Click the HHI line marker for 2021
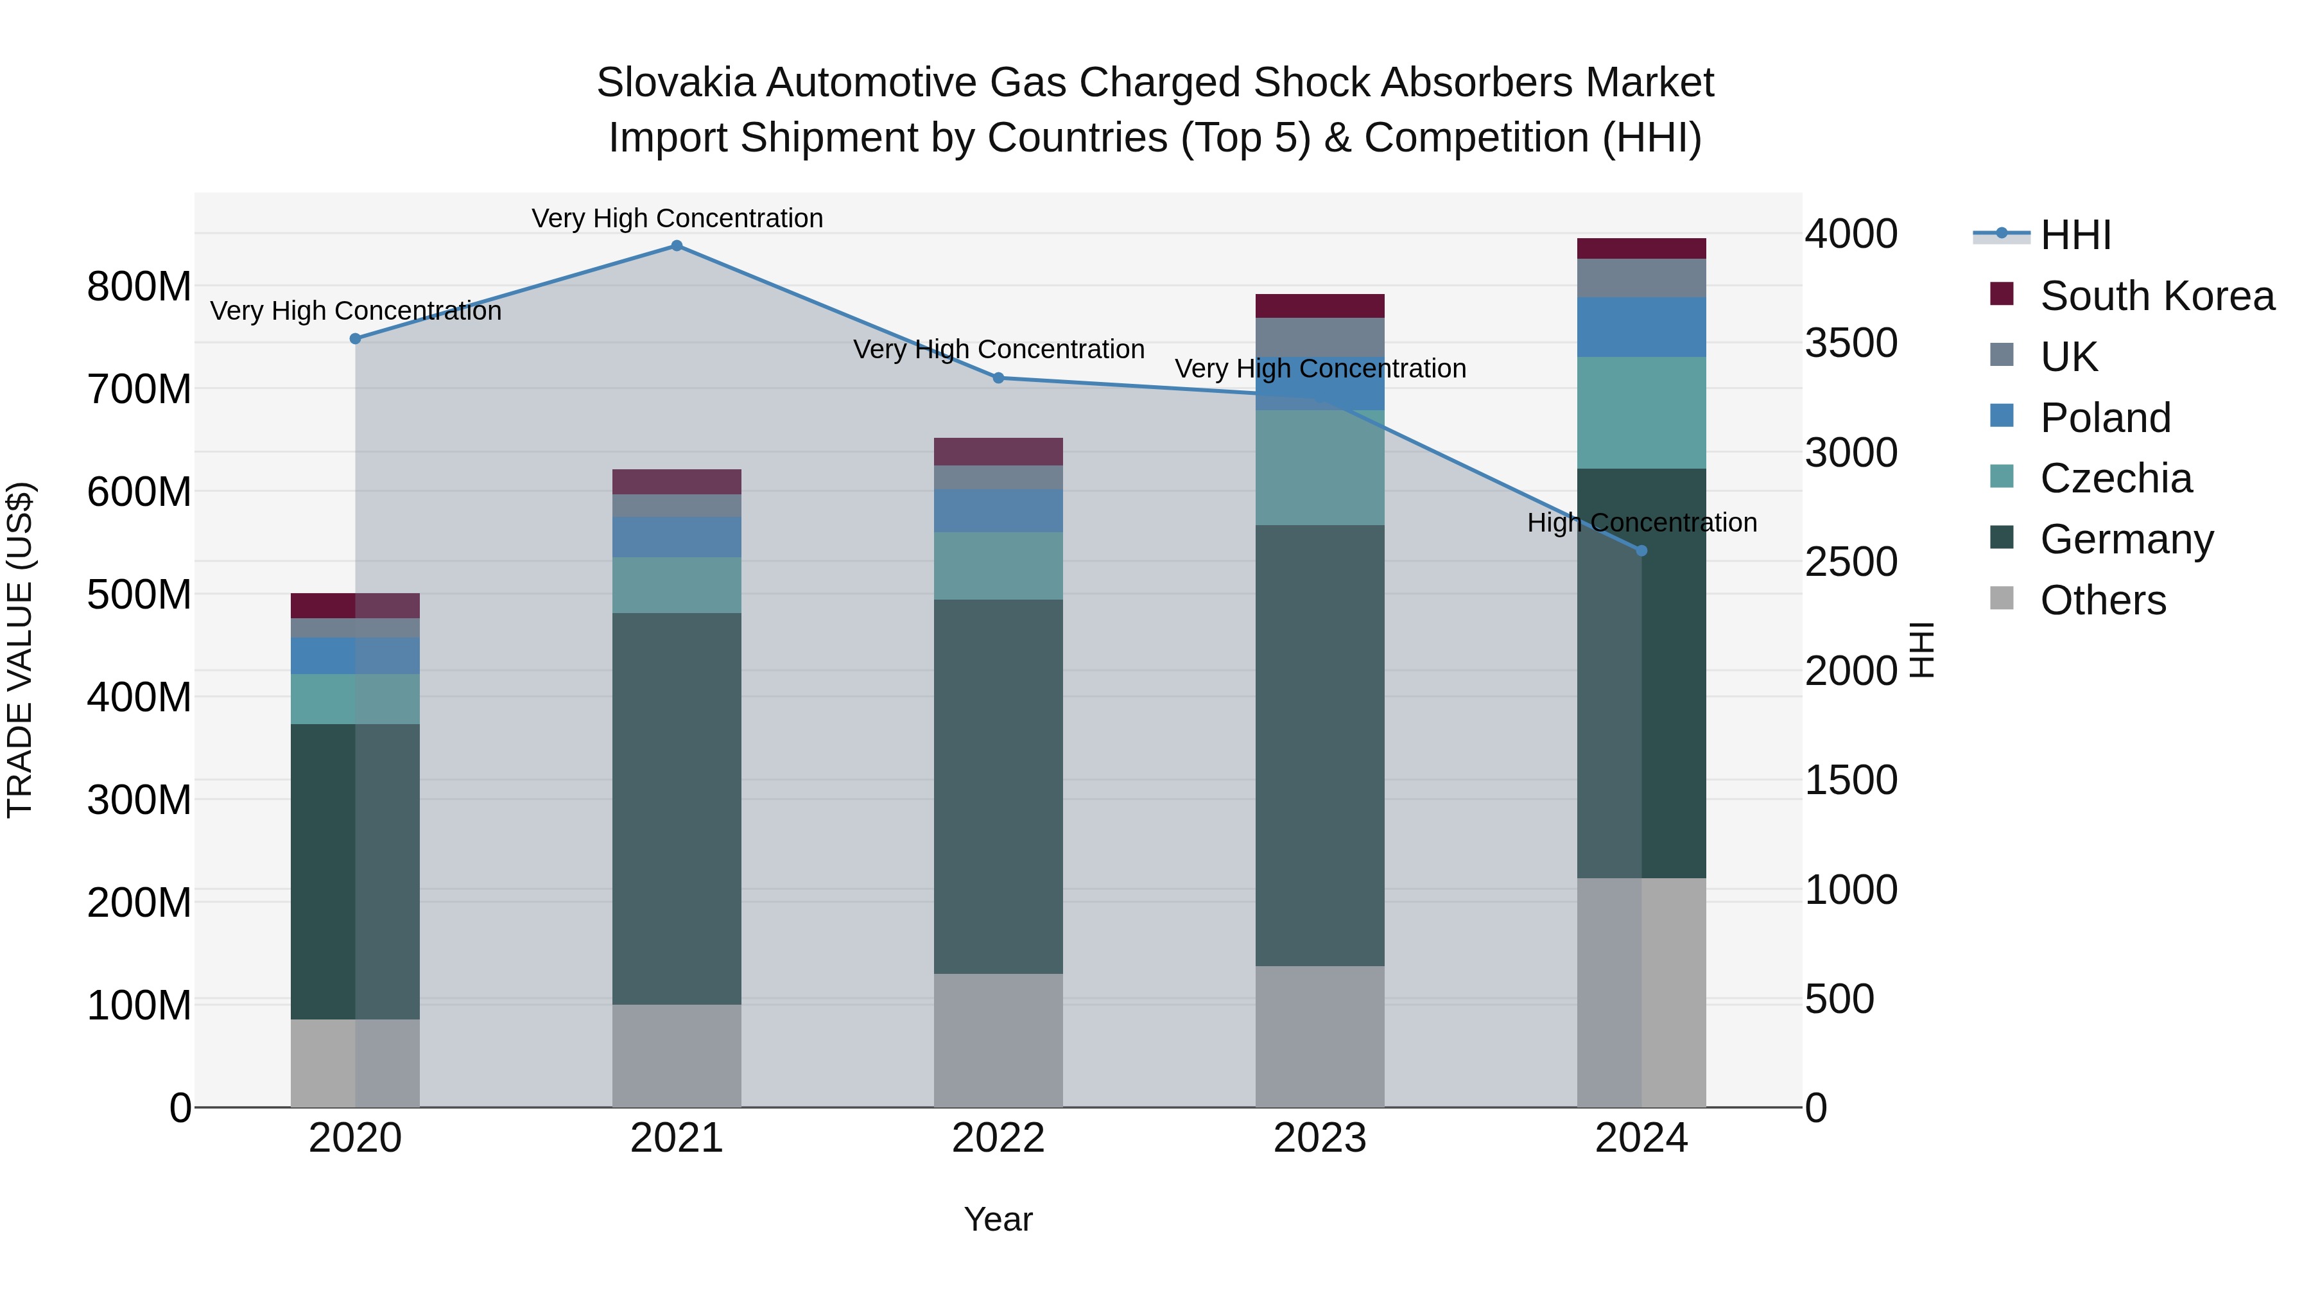[677, 246]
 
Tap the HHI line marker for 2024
[1641, 551]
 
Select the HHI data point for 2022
[998, 377]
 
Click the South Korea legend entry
[2157, 296]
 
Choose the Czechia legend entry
[2115, 478]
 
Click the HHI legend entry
[2075, 235]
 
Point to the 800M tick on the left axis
[139, 287]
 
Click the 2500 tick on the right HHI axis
[1851, 562]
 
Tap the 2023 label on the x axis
[1320, 1138]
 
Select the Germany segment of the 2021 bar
[677, 808]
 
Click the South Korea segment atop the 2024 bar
[1641, 248]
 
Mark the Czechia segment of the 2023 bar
[1320, 467]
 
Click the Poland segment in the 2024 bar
[1641, 327]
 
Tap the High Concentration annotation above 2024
[1641, 523]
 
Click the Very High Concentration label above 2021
[677, 219]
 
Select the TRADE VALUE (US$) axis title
[20, 650]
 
